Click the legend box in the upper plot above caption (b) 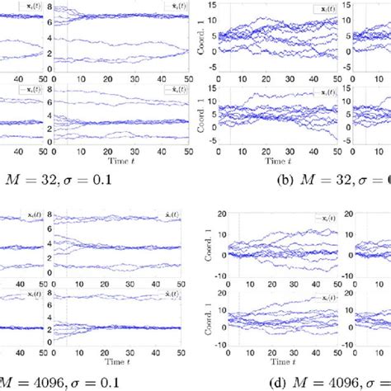coord(326,9)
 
